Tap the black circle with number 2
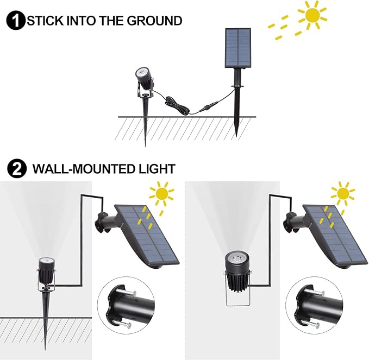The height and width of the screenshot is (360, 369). point(17,169)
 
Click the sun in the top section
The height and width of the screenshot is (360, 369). point(312,15)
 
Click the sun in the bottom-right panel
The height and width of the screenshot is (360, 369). point(343,193)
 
